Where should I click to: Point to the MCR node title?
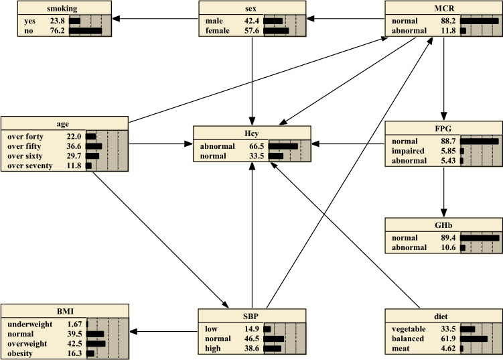[x=443, y=9]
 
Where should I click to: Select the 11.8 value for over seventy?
[x=75, y=166]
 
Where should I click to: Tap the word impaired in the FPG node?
[x=409, y=152]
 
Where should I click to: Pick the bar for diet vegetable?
[x=468, y=328]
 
